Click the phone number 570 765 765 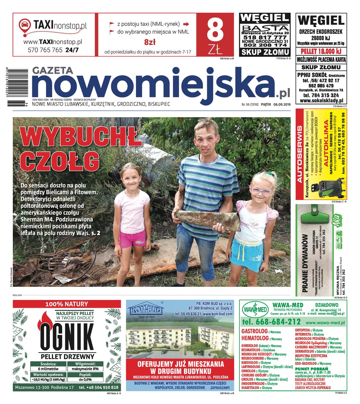tap(45, 50)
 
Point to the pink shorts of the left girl tap(132, 238)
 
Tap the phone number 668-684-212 tap(271, 322)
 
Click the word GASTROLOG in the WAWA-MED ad tap(254, 331)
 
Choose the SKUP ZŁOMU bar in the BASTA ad tap(265, 52)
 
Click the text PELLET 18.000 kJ tap(320, 51)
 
